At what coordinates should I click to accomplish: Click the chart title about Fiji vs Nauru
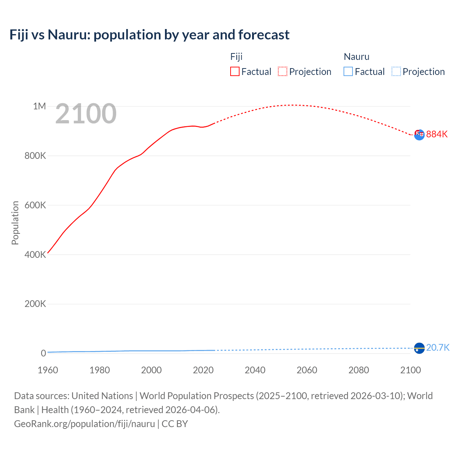coord(149,35)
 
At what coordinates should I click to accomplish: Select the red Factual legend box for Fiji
coord(235,71)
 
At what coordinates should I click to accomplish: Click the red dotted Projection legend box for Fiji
coord(282,71)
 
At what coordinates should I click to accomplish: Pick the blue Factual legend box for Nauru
coord(348,71)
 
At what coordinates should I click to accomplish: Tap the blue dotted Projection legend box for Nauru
coord(396,71)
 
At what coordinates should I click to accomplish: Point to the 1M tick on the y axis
coord(39,106)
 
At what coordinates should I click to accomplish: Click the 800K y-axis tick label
coord(35,156)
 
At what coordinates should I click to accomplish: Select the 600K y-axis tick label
coord(35,205)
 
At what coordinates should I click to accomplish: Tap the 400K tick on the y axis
coord(35,255)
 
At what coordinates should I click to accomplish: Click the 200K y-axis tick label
coord(35,304)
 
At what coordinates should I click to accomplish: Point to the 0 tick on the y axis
coord(43,353)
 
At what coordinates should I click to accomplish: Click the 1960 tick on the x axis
coord(48,370)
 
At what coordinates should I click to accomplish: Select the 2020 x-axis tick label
coord(203,370)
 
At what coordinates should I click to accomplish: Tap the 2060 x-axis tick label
coord(307,370)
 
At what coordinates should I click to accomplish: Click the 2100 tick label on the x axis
coord(410,370)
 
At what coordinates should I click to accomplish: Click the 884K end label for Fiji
coord(437,134)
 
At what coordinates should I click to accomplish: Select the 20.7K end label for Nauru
coord(437,347)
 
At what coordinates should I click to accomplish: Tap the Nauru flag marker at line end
coord(419,348)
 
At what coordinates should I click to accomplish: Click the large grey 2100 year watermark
coord(86,114)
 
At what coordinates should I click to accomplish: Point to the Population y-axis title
coord(15,223)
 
